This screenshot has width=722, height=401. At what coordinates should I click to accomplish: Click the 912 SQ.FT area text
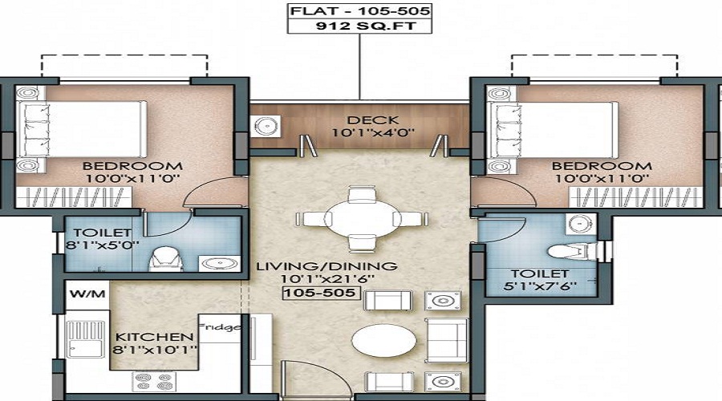359,26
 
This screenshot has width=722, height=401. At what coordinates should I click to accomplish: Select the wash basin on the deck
266,126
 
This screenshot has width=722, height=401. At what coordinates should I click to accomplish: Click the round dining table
362,219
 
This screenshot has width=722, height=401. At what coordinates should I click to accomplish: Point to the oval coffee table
384,341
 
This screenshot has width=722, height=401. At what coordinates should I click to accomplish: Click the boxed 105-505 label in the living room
321,293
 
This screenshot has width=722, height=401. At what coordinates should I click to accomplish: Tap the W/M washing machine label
87,294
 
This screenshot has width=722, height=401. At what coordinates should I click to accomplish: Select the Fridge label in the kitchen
220,327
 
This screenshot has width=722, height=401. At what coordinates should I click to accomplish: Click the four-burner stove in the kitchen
154,382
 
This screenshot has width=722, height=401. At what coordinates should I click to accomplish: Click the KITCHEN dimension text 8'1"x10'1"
155,350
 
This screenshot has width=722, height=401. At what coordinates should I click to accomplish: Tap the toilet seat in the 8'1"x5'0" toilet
166,259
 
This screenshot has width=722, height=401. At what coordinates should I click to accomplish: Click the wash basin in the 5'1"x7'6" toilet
581,223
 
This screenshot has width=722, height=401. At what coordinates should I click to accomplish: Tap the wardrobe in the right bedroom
636,197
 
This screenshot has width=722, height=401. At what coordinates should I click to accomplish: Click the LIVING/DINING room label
327,266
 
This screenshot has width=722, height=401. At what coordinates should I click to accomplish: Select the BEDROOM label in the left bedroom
132,166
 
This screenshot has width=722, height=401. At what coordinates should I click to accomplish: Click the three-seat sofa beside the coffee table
447,340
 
